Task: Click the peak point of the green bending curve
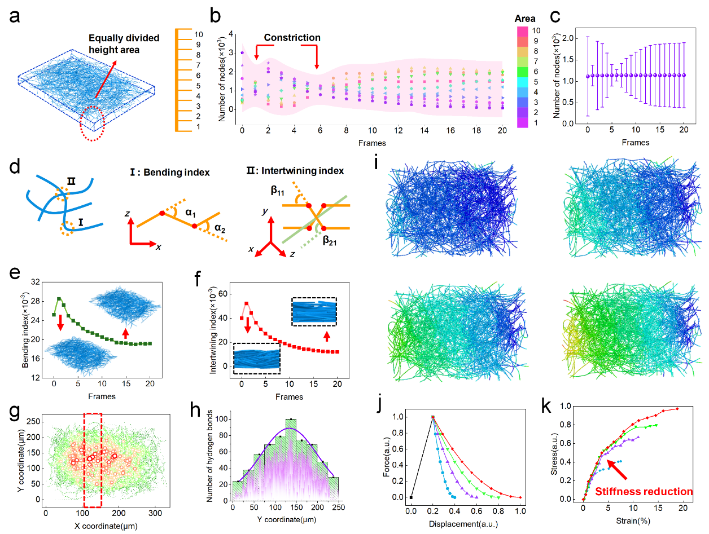click(59, 299)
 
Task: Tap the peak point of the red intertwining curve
click(246, 303)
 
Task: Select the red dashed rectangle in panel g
click(93, 459)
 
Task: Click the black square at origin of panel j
click(412, 497)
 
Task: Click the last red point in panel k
click(677, 409)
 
